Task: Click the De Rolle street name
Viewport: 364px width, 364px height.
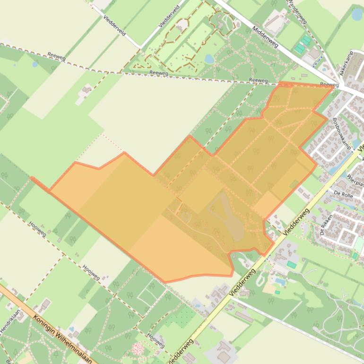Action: [x=344, y=194]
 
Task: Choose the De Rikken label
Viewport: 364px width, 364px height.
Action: [x=327, y=226]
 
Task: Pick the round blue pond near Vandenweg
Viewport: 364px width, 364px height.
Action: [x=357, y=14]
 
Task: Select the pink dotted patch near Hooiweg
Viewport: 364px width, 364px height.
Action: [x=138, y=349]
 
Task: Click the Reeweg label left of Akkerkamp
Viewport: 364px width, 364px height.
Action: [x=329, y=85]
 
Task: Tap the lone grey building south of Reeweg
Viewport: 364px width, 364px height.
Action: [x=86, y=90]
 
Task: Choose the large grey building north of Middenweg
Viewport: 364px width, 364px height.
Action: [x=275, y=23]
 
